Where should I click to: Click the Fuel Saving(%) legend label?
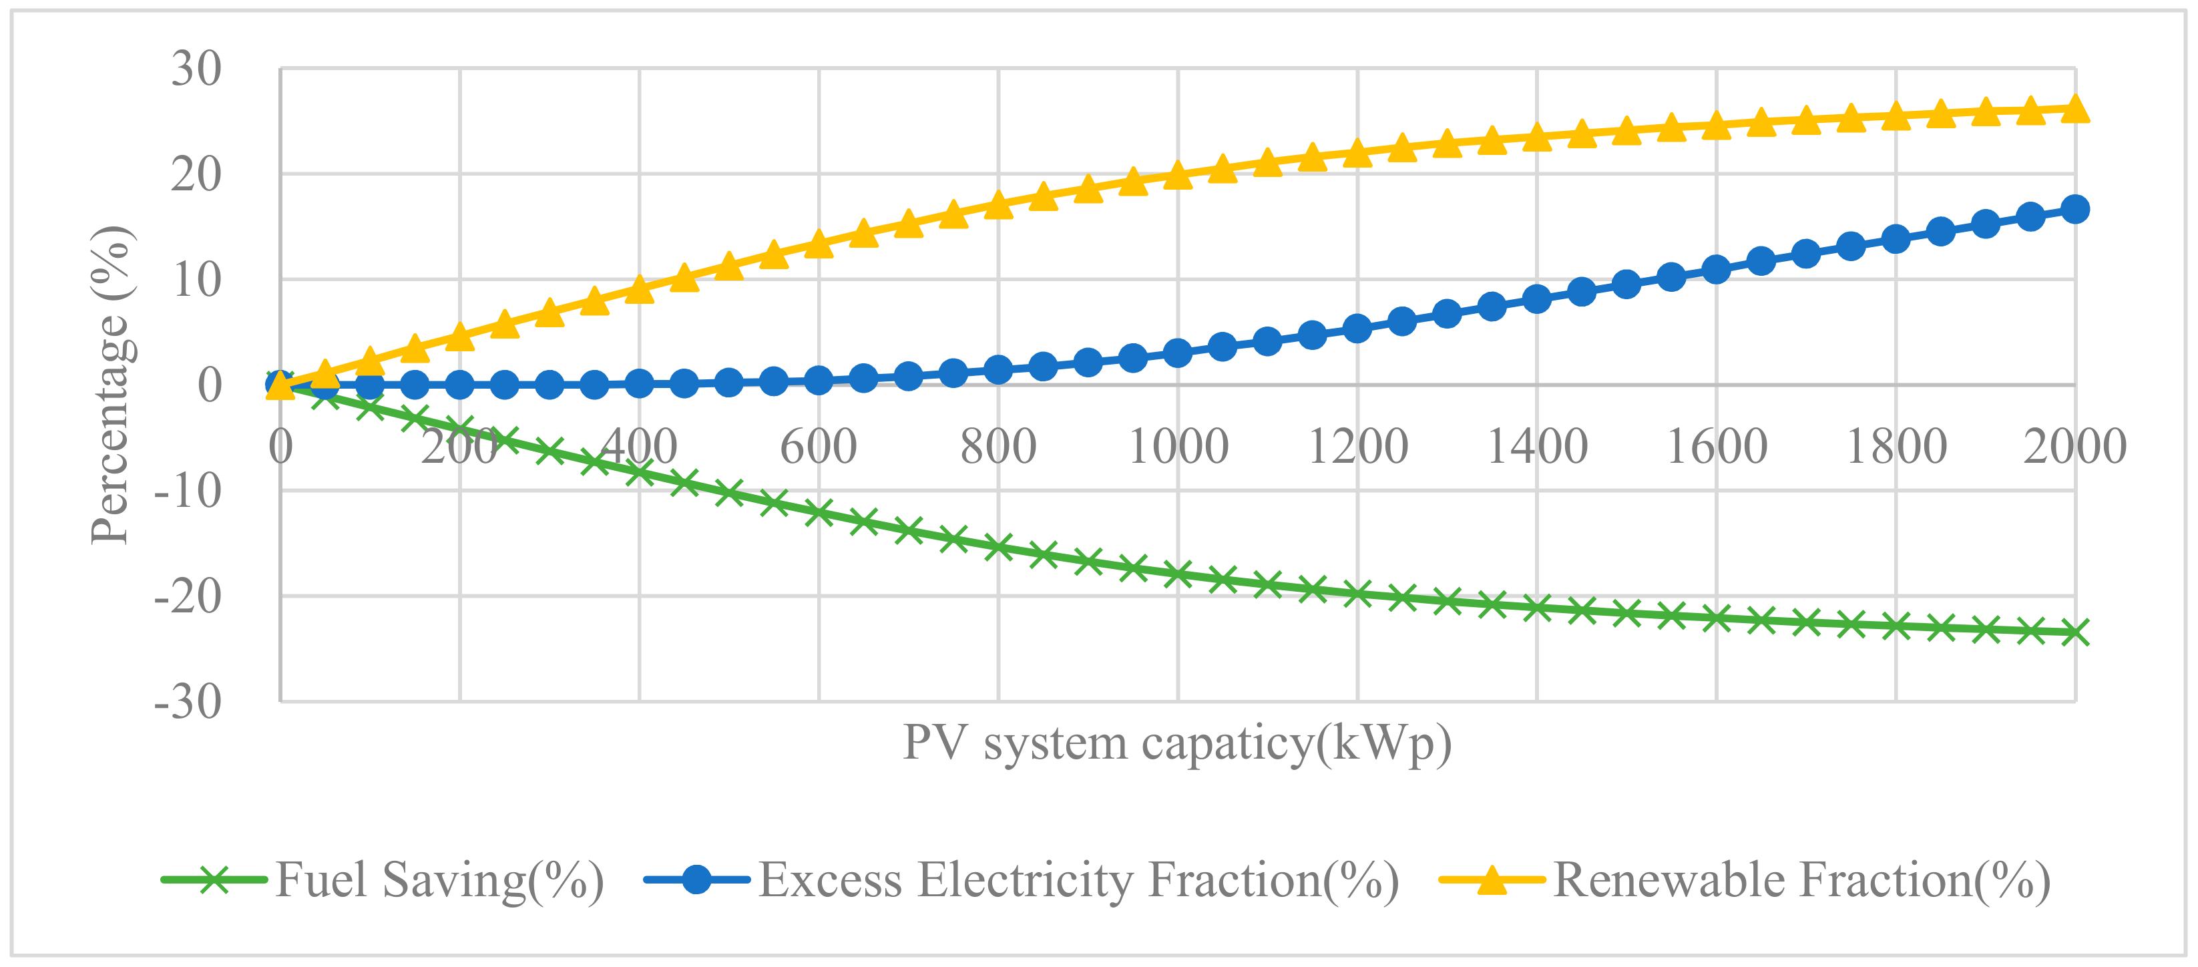click(x=439, y=880)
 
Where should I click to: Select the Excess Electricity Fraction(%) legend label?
click(x=1078, y=880)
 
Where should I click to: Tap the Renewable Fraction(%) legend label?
click(x=1802, y=880)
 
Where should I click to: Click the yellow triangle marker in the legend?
click(x=1492, y=879)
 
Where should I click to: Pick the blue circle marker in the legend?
click(x=696, y=879)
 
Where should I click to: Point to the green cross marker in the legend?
click(x=214, y=879)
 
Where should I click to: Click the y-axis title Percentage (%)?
click(x=111, y=385)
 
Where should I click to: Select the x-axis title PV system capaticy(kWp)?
click(x=1178, y=743)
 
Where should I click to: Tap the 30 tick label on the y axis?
click(x=196, y=69)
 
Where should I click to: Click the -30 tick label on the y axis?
click(x=188, y=703)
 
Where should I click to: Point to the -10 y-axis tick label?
click(x=188, y=492)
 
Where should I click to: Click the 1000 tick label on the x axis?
click(x=1178, y=446)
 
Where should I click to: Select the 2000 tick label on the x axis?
click(x=2074, y=446)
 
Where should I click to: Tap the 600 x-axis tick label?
click(x=819, y=446)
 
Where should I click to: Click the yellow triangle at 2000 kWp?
click(x=2075, y=110)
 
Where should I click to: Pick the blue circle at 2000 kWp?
click(x=2075, y=209)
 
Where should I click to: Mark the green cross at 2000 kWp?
click(x=2075, y=632)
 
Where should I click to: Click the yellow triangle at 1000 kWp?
click(x=1178, y=174)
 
